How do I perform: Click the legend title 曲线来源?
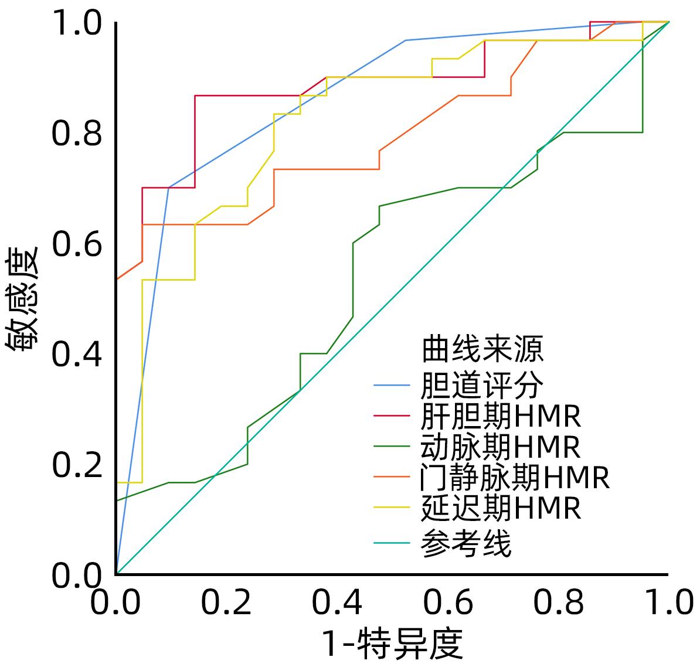pyautogui.click(x=482, y=350)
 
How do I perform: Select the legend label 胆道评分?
pyautogui.click(x=482, y=385)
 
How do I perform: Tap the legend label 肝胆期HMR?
pyautogui.click(x=501, y=416)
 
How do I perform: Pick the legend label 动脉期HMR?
pyautogui.click(x=501, y=447)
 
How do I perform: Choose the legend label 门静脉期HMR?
pyautogui.click(x=515, y=478)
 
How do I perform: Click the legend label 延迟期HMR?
pyautogui.click(x=501, y=508)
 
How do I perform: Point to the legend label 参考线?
pyautogui.click(x=466, y=543)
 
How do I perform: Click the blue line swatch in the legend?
pyautogui.click(x=392, y=385)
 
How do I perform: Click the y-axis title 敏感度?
pyautogui.click(x=23, y=299)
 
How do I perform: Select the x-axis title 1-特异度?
pyautogui.click(x=392, y=643)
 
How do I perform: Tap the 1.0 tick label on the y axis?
pyautogui.click(x=77, y=23)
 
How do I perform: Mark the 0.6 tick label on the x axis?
pyautogui.click(x=448, y=602)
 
